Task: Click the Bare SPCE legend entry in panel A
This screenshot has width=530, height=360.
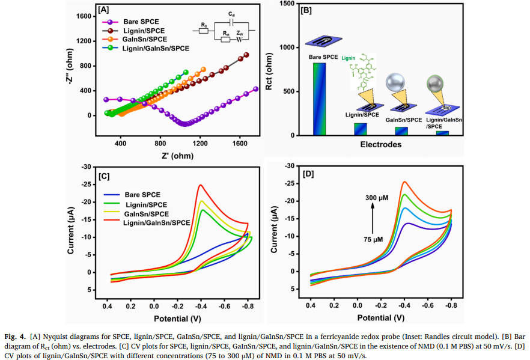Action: (130, 22)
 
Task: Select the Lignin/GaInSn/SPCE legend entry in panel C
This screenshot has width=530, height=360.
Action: (147, 222)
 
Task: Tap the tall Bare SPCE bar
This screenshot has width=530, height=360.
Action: (320, 99)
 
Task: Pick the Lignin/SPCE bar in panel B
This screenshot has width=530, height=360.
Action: (361, 129)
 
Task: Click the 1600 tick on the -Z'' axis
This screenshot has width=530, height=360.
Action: (84, 16)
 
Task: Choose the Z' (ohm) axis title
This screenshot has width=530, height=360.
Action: (177, 156)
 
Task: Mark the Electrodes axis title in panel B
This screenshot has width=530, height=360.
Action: (380, 145)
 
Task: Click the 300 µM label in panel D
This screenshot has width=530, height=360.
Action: (377, 197)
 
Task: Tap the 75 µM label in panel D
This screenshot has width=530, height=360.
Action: (373, 239)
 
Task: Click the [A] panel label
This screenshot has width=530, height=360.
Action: (103, 10)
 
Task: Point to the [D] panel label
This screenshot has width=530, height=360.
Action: (308, 174)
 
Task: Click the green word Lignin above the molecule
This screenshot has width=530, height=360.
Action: (348, 58)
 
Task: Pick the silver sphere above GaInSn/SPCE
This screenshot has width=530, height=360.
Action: (395, 82)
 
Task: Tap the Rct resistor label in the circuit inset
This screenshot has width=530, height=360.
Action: (226, 34)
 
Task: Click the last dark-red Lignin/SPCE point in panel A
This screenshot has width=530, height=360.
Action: (246, 55)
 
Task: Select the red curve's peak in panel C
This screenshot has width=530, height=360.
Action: (201, 185)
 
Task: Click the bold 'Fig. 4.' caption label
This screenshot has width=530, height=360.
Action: (15, 337)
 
